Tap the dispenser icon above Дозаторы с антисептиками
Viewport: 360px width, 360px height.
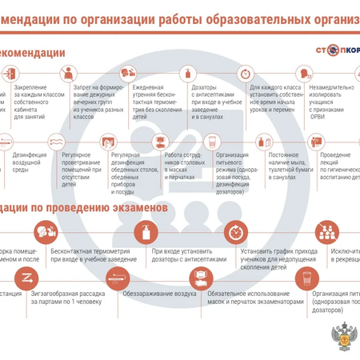(x=189, y=73)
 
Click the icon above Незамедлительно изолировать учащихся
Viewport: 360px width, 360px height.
(x=306, y=73)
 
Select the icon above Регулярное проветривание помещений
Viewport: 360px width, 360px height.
(x=57, y=142)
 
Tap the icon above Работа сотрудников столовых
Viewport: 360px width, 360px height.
(x=161, y=142)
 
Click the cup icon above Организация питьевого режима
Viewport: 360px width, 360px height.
(x=212, y=142)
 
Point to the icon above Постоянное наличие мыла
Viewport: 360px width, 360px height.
(x=265, y=142)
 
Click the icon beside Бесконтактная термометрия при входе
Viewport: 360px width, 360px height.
(x=44, y=233)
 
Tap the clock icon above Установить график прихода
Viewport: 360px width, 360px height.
(x=234, y=233)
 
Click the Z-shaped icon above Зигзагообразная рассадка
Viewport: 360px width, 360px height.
(x=26, y=277)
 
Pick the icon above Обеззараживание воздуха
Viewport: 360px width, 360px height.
(x=118, y=277)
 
